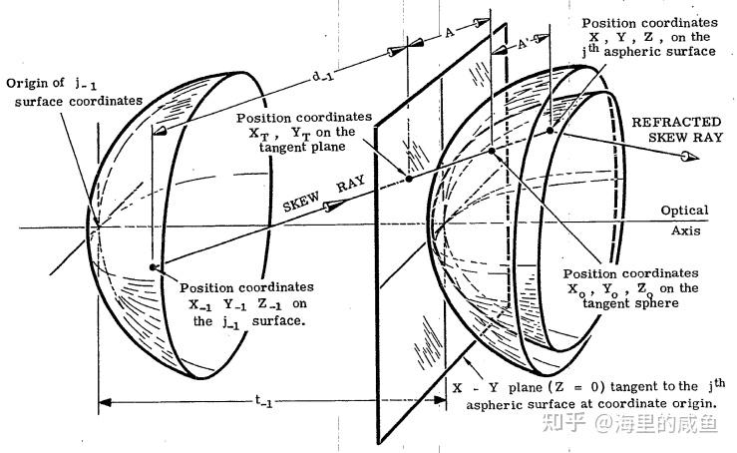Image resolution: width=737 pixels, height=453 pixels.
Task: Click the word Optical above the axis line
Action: click(684, 211)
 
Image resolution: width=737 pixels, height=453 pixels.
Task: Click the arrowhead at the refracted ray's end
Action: click(685, 157)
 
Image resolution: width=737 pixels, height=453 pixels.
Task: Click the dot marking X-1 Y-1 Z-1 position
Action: click(151, 267)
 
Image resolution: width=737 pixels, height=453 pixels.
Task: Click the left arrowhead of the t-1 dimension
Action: click(103, 404)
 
